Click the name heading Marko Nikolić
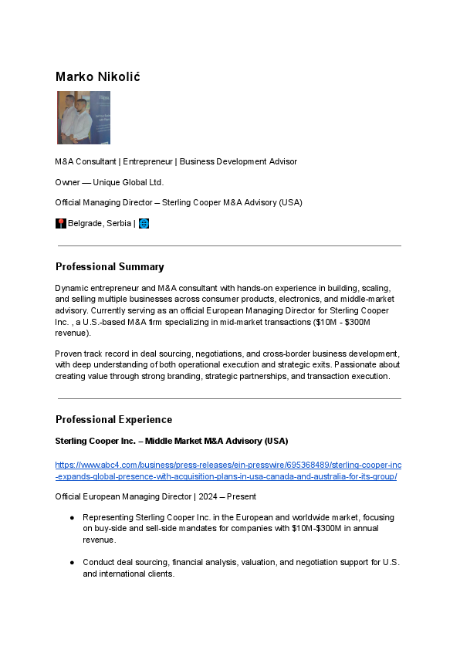coord(97,76)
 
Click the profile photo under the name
coord(83,117)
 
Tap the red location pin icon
coord(61,224)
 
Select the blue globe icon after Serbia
coord(144,224)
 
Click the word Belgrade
coord(86,224)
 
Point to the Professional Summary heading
coord(110,267)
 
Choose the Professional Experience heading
coord(113,420)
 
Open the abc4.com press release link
coord(228,471)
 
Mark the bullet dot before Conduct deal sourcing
coord(72,562)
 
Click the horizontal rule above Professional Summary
coord(229,246)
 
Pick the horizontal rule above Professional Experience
coord(229,399)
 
